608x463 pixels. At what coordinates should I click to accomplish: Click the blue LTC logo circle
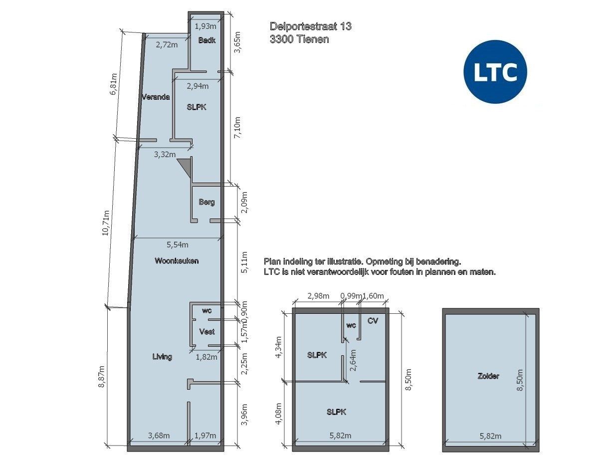click(495, 72)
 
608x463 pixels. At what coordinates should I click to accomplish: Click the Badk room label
click(206, 40)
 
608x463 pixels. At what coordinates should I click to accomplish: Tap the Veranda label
click(155, 97)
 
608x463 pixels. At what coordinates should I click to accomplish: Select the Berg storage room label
click(206, 202)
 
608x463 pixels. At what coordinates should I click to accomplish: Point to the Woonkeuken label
click(177, 260)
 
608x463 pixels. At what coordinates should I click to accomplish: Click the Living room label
click(162, 356)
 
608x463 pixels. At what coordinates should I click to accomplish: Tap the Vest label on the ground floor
click(207, 332)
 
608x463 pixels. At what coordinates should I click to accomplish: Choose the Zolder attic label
click(488, 376)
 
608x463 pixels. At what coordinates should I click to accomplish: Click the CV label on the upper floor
click(373, 321)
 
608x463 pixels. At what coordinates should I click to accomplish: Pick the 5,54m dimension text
click(178, 244)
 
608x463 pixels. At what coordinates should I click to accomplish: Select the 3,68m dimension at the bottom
click(159, 436)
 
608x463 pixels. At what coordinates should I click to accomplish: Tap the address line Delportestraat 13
click(310, 26)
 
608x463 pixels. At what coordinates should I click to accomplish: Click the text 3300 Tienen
click(299, 39)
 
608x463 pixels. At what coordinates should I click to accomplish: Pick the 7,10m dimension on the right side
click(237, 128)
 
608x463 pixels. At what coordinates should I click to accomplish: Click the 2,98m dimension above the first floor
click(318, 296)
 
